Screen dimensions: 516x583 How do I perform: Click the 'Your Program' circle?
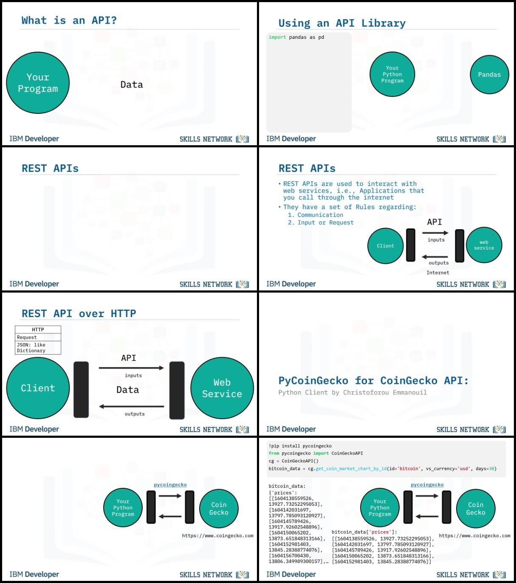coord(38,82)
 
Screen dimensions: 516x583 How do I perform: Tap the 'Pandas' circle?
coord(489,75)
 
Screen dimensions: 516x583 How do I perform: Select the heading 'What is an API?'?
coord(69,20)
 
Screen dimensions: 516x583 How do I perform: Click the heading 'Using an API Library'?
coord(342,23)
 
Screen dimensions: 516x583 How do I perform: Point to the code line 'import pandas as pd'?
coord(296,37)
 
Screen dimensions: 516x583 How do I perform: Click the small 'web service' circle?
coord(484,245)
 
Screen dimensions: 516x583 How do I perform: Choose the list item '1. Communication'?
coord(316,215)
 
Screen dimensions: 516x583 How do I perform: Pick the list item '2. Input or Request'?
coord(321,222)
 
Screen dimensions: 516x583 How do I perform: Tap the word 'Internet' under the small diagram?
coord(438,273)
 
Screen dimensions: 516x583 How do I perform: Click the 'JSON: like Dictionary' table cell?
coord(38,348)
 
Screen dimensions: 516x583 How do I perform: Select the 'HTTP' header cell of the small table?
coord(38,330)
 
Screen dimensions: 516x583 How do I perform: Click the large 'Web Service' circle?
coord(222,388)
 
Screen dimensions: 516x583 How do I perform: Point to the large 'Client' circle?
coord(38,388)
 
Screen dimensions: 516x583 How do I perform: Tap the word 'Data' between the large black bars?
coord(127,390)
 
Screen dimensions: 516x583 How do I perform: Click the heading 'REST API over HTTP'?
coord(79,313)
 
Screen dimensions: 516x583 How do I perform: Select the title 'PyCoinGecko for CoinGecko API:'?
coord(374,380)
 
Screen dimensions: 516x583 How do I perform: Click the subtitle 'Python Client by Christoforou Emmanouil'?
coord(352,392)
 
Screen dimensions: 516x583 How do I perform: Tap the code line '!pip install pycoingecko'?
coord(300,446)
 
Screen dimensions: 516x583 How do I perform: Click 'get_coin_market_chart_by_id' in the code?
coord(351,468)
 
